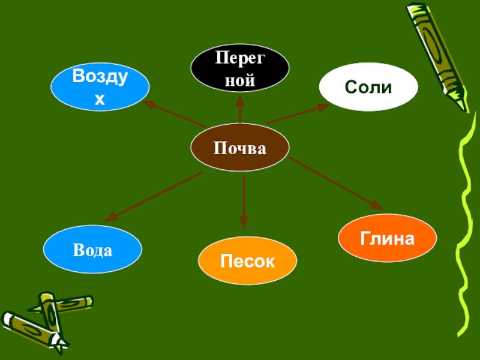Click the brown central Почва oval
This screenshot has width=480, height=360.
click(x=240, y=148)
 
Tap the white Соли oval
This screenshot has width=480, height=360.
click(x=368, y=87)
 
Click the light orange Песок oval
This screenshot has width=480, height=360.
click(x=247, y=261)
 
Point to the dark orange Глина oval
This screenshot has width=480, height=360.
click(x=387, y=239)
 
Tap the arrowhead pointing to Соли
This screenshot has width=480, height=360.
click(x=324, y=107)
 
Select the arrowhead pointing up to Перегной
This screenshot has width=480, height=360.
click(x=240, y=97)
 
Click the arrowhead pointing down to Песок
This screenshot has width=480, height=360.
click(x=244, y=223)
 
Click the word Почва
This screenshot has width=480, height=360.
click(x=240, y=148)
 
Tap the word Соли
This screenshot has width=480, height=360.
click(x=368, y=88)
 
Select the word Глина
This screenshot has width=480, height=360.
click(x=388, y=239)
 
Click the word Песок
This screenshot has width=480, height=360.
click(x=247, y=262)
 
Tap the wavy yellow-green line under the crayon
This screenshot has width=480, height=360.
click(x=467, y=228)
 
